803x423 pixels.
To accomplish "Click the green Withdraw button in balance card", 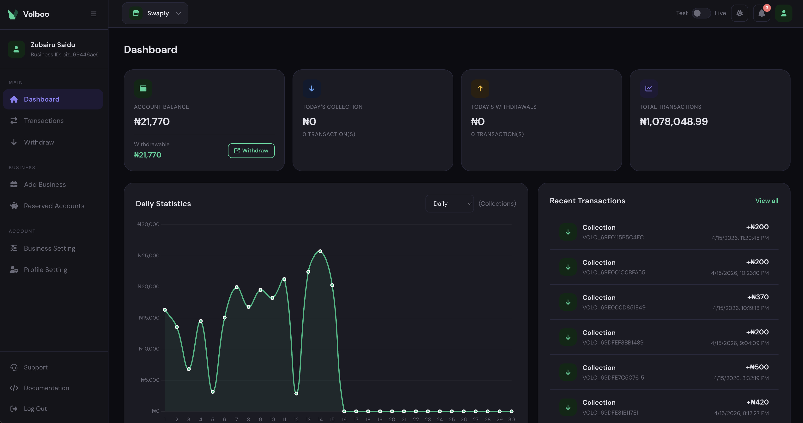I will point(251,151).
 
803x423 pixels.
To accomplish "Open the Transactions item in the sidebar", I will point(44,121).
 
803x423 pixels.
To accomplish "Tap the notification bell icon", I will point(761,13).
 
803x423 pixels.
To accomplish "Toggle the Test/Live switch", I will point(701,13).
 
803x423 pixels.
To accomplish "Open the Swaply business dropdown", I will point(155,13).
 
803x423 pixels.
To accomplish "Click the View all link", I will point(767,201).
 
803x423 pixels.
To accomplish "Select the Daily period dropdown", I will point(449,204).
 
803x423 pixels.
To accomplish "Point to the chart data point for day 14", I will point(320,251).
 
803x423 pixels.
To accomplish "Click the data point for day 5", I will point(213,392).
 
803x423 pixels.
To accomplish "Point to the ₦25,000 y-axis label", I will point(148,256).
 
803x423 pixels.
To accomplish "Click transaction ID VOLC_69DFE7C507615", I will point(613,377).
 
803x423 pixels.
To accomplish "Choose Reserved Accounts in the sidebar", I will point(54,206).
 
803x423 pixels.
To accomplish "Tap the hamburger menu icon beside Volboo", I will point(94,14).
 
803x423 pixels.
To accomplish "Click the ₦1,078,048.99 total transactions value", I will point(673,121).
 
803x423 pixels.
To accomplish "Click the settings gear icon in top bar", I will point(739,13).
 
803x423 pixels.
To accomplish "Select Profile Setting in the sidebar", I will point(46,270).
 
